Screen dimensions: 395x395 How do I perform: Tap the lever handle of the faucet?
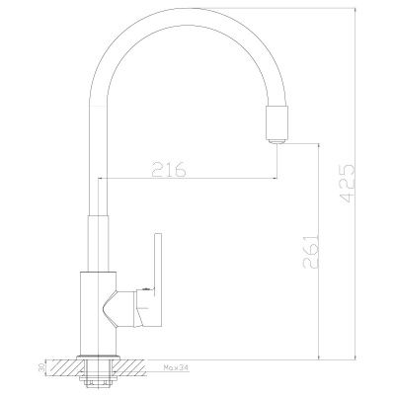point(149,286)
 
